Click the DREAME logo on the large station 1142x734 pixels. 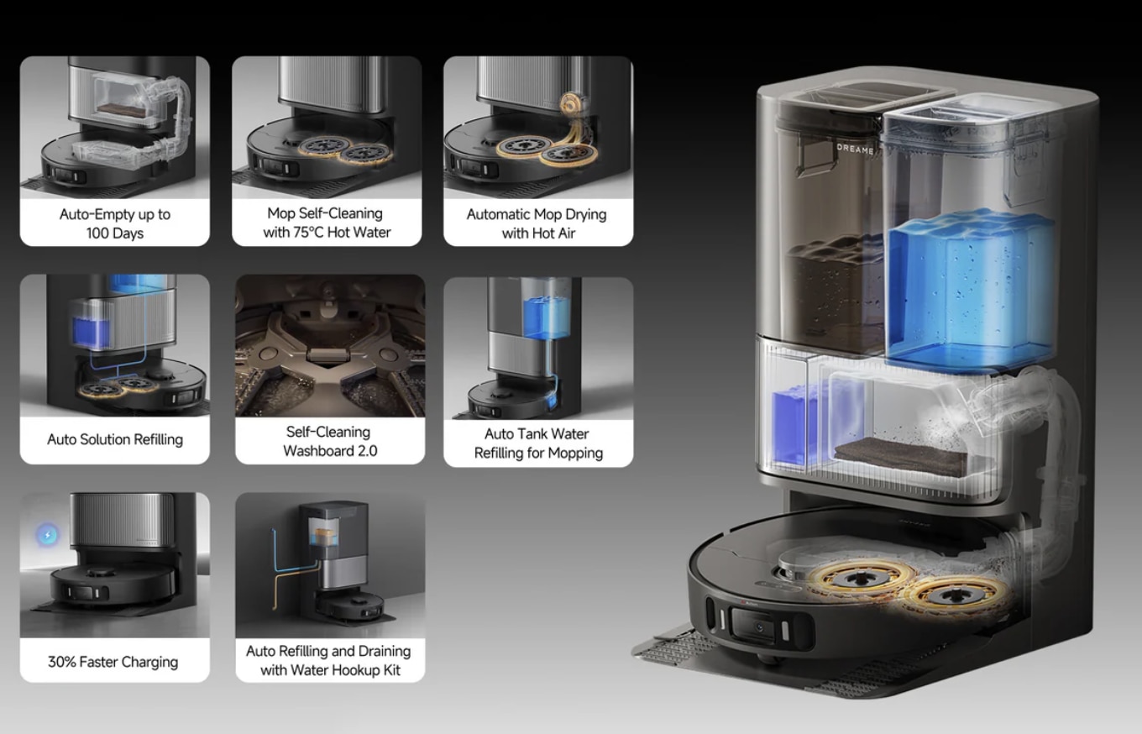pos(855,149)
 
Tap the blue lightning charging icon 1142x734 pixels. pos(47,535)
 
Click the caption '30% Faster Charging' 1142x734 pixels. pos(113,662)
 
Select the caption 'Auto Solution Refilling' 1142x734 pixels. pos(115,439)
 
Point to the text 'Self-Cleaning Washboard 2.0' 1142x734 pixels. pos(329,442)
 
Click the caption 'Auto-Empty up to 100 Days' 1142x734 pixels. pos(115,223)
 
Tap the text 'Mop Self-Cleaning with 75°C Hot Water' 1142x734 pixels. pos(327,223)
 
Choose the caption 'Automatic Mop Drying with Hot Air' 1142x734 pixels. pos(537,223)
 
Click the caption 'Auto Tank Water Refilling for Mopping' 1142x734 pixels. pos(538,443)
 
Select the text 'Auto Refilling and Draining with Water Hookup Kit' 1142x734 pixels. pos(329,661)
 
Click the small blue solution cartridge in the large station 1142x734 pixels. pos(790,426)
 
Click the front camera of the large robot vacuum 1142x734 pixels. pos(758,627)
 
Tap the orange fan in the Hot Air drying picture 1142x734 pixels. pos(571,104)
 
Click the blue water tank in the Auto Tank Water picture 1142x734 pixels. pos(546,317)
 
